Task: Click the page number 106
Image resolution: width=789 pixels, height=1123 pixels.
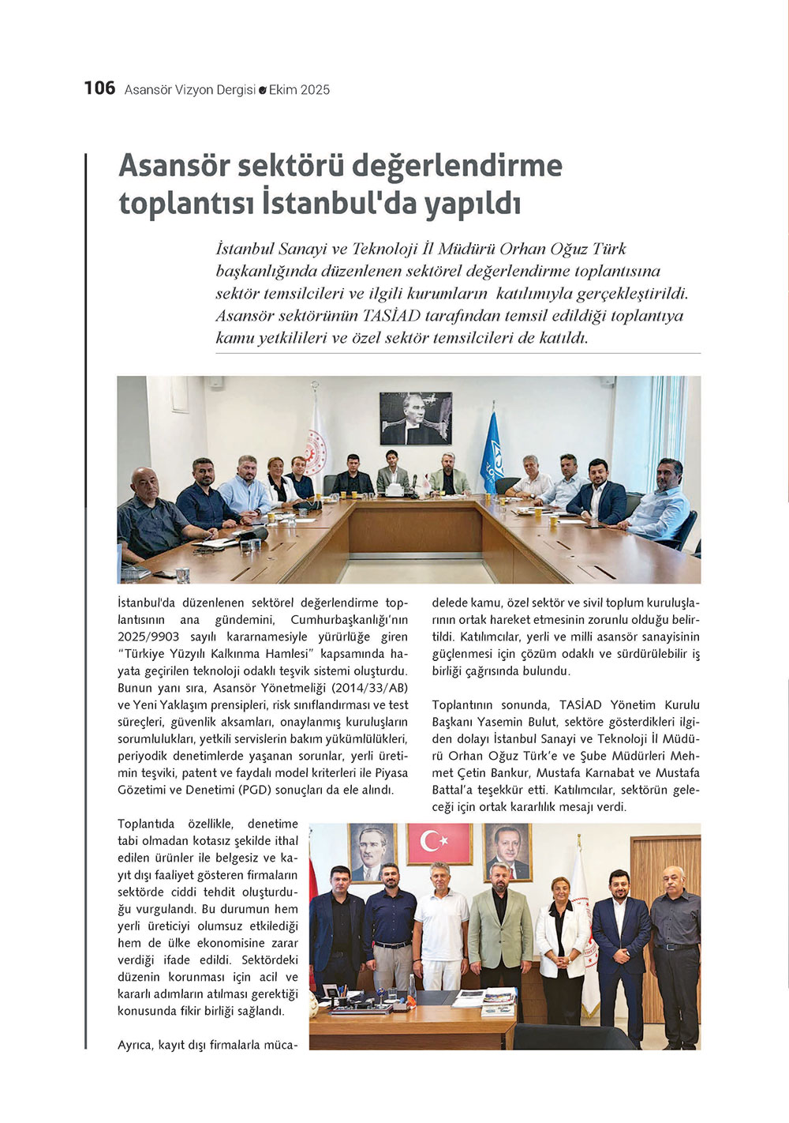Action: [99, 88]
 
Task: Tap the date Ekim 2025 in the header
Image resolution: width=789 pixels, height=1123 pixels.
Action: [299, 90]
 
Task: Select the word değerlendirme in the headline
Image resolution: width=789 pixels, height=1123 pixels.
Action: [457, 166]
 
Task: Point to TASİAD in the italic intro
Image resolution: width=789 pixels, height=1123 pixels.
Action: [392, 316]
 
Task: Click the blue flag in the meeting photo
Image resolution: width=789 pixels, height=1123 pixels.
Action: [492, 453]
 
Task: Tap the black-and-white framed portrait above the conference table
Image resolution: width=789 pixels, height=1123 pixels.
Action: [415, 419]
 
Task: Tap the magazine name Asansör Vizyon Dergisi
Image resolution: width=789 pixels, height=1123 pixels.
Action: [189, 90]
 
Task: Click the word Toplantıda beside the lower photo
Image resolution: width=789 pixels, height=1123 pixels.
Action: [146, 824]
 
